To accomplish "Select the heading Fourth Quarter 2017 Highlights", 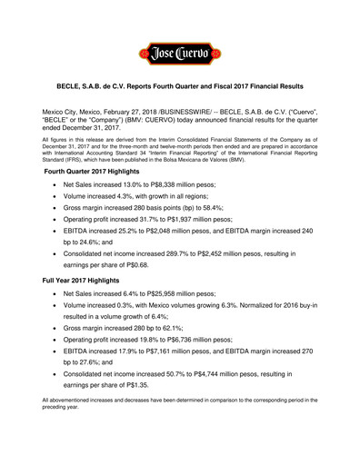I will (x=105, y=197).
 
